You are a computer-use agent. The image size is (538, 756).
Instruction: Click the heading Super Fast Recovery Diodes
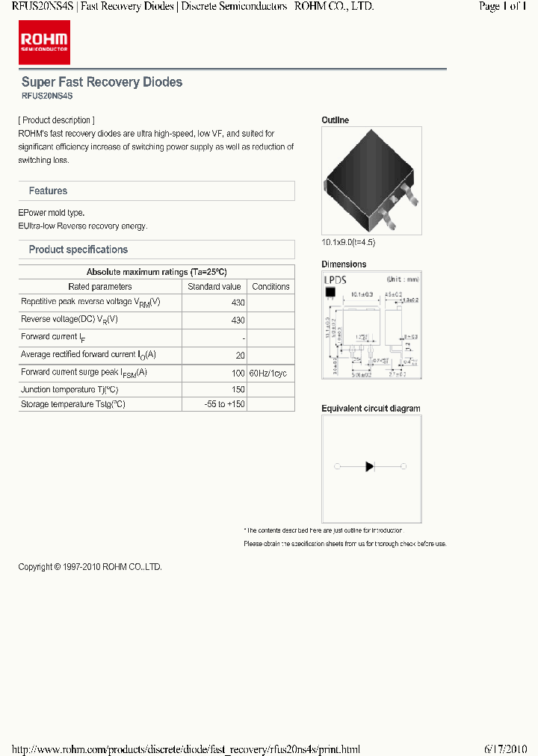click(x=102, y=82)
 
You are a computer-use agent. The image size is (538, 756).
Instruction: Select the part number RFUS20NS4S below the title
click(x=47, y=96)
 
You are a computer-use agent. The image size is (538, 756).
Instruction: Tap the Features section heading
click(x=48, y=191)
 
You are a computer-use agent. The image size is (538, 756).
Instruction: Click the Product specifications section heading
click(x=78, y=250)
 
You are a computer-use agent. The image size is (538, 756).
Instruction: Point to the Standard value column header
click(x=214, y=287)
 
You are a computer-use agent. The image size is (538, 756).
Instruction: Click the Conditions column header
click(x=270, y=287)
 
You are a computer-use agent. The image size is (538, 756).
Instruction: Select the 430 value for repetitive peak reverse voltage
click(x=238, y=303)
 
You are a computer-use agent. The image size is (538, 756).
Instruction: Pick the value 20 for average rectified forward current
click(x=240, y=356)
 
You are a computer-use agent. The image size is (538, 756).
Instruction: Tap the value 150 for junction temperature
click(x=238, y=390)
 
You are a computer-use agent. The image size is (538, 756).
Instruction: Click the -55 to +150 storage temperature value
click(x=224, y=404)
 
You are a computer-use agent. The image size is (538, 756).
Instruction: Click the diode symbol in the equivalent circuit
click(x=370, y=466)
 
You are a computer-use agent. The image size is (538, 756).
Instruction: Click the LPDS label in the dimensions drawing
click(x=336, y=279)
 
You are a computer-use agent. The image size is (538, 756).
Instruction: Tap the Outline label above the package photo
click(x=335, y=120)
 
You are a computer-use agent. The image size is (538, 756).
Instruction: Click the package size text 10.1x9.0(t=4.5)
click(x=347, y=243)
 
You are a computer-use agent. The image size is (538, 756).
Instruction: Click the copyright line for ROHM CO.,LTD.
click(x=90, y=567)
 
